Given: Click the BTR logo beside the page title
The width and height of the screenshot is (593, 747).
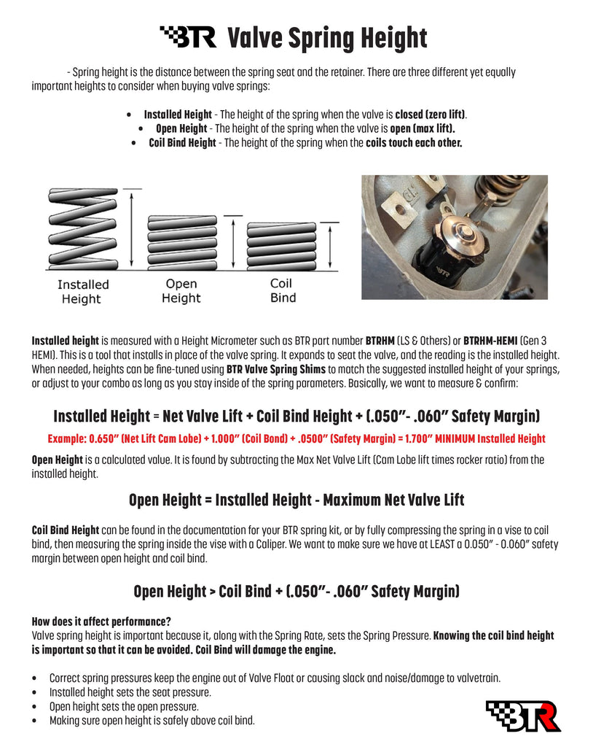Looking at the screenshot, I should (x=188, y=36).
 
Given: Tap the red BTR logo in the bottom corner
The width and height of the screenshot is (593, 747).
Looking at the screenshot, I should (x=522, y=715).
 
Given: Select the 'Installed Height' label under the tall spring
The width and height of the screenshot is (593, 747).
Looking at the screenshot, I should (x=82, y=291).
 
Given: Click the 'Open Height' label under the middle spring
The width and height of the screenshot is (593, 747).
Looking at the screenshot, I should (x=181, y=290).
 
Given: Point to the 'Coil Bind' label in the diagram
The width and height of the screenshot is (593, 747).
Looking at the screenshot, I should (x=283, y=290).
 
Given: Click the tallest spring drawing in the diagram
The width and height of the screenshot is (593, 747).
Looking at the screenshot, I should (x=82, y=229).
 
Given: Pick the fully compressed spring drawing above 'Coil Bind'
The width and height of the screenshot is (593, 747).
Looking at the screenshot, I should (x=283, y=246).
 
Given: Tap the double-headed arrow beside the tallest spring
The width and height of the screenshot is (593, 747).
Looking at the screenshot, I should (x=132, y=229).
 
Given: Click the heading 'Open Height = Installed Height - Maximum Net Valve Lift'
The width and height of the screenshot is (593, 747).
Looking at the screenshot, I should (x=296, y=500).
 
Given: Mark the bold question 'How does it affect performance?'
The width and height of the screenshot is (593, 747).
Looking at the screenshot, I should (x=101, y=622).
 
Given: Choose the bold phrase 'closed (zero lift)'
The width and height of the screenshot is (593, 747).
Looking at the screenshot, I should (x=431, y=115).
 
